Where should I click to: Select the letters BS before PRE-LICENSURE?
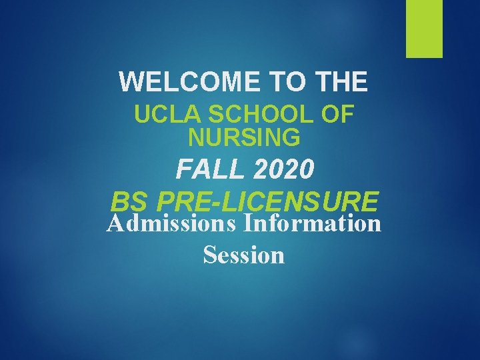point(127,201)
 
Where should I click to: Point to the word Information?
point(313,223)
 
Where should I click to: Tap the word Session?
point(243,254)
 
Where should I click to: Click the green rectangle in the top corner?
point(425,29)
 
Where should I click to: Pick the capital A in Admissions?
point(115,223)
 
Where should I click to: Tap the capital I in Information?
point(249,223)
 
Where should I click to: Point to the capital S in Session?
point(209,254)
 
